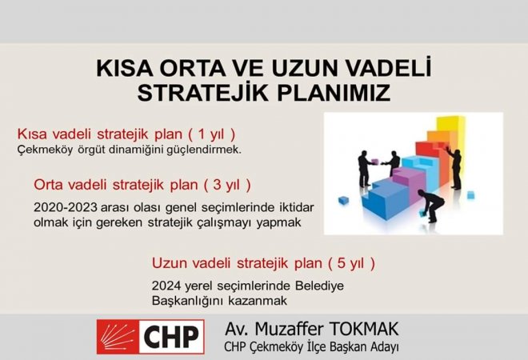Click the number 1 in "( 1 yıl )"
click(202, 134)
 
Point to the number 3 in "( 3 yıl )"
click(217, 185)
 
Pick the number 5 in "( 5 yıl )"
click(341, 263)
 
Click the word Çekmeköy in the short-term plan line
click(45, 150)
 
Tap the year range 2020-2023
click(66, 207)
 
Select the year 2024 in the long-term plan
click(165, 286)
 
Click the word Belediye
click(319, 286)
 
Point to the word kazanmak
click(258, 300)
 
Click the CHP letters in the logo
click(171, 337)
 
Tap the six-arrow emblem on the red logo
click(118, 337)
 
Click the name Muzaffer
click(289, 329)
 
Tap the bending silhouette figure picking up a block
click(431, 205)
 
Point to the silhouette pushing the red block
click(454, 167)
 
